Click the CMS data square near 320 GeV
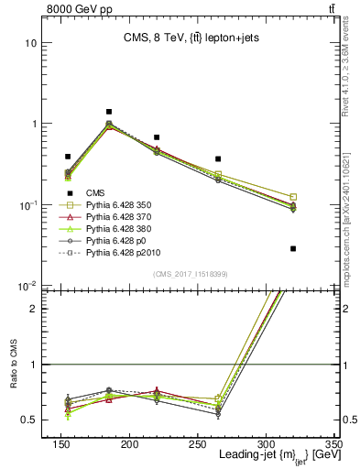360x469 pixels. coord(293,248)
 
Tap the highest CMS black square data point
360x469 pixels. coord(109,112)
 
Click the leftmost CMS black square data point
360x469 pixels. coord(68,157)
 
